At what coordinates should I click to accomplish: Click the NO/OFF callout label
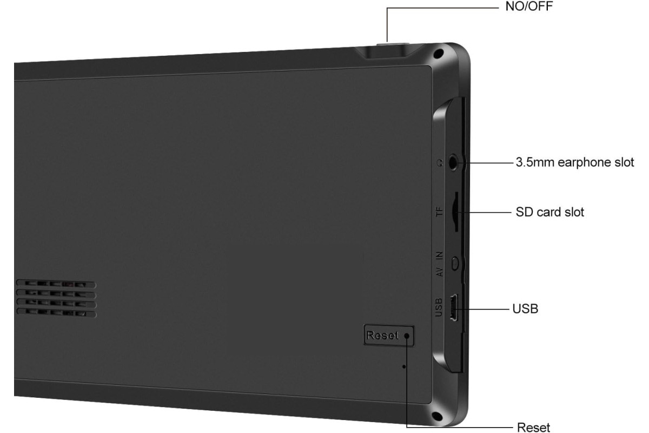tap(529, 6)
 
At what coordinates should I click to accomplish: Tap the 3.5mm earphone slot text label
tap(575, 162)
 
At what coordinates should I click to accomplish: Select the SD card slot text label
tap(549, 212)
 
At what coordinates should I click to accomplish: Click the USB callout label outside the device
tap(525, 309)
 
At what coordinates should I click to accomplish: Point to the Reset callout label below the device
tap(533, 427)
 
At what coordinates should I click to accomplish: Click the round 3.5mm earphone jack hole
tap(453, 162)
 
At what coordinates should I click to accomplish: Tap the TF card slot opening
tap(455, 212)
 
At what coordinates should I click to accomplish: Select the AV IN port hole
tap(455, 264)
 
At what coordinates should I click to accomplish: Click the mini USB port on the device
tap(454, 307)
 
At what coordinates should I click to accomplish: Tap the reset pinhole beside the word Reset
tap(407, 336)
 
